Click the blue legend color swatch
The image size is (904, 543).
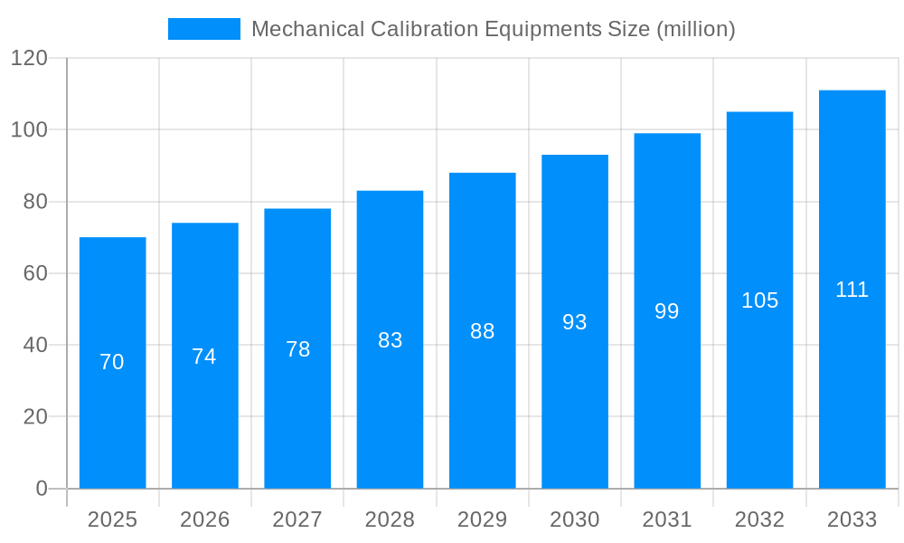click(203, 29)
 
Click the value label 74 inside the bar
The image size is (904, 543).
click(204, 357)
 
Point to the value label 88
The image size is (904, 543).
click(482, 331)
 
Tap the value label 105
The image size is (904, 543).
click(759, 300)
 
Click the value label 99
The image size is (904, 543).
click(666, 311)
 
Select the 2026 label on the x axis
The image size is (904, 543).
click(204, 519)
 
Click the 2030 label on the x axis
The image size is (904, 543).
click(574, 519)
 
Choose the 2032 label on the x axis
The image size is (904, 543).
click(759, 519)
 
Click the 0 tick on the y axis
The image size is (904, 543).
click(42, 489)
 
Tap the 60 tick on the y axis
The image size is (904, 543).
click(35, 273)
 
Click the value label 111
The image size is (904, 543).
click(852, 290)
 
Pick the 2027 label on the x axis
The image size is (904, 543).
click(297, 519)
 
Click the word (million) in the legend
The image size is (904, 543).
click(695, 29)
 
